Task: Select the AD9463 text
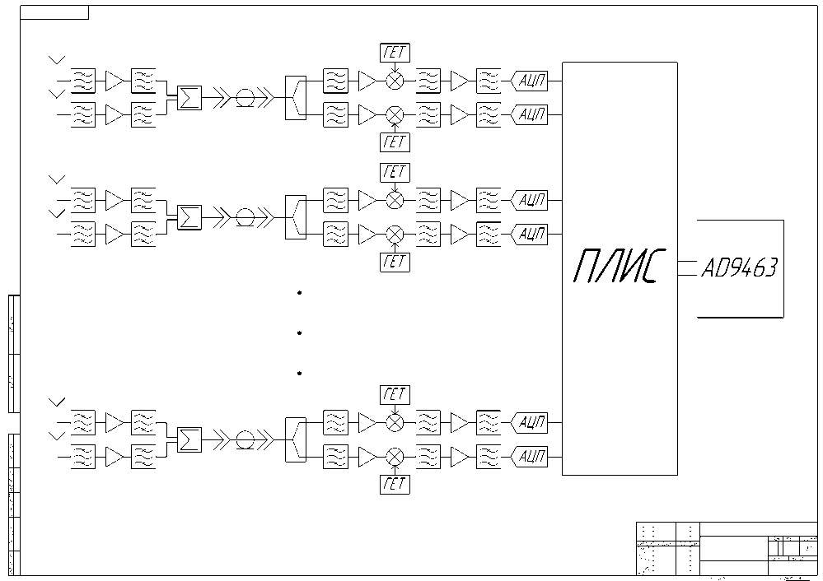tap(739, 268)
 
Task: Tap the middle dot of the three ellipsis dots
tap(300, 332)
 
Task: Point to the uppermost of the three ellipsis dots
tap(300, 293)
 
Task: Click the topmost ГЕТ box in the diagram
tap(395, 53)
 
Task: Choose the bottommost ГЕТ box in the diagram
tap(395, 484)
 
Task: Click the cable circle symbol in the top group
tap(245, 98)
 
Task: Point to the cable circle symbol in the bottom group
tap(245, 439)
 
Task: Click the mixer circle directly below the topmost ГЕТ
tap(395, 81)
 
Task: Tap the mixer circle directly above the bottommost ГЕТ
tap(395, 456)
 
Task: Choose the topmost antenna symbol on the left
tap(57, 60)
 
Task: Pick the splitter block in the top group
tap(294, 98)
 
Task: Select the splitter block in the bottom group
tap(294, 439)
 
